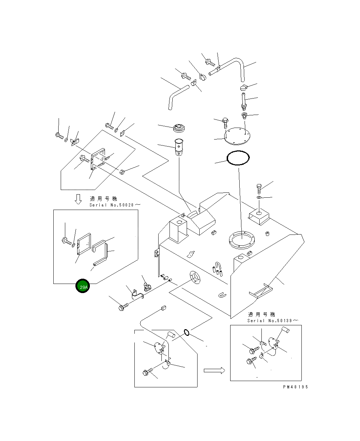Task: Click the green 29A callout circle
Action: tap(82, 286)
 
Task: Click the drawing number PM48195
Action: tap(295, 387)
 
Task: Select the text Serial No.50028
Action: tap(112, 205)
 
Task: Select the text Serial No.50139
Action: tap(269, 320)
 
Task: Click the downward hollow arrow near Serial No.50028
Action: tap(78, 199)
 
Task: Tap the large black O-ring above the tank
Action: tap(238, 158)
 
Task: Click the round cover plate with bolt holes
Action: tap(237, 136)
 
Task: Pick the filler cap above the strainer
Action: tap(179, 128)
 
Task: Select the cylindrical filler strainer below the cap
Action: tap(179, 147)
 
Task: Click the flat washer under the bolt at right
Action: tap(259, 197)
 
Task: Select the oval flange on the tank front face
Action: tap(195, 278)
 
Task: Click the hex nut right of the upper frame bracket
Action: tap(122, 172)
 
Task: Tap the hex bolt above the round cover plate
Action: tap(225, 123)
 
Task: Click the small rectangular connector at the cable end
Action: tap(164, 307)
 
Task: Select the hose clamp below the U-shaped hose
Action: tap(244, 87)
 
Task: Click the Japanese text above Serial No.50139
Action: tap(261, 314)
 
